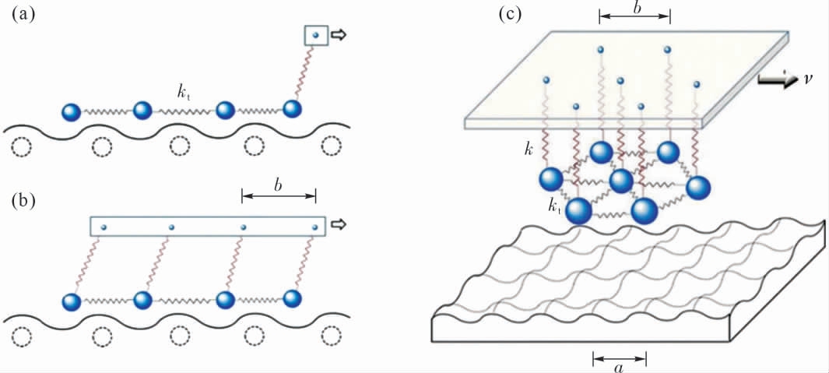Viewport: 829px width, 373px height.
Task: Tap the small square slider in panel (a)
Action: [x=315, y=35]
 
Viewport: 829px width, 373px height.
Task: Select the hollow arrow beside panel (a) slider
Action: [x=340, y=35]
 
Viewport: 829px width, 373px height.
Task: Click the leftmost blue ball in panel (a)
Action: [x=71, y=112]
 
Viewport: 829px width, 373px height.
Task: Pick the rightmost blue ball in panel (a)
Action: [x=293, y=110]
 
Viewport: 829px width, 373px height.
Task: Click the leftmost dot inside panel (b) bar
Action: [x=104, y=227]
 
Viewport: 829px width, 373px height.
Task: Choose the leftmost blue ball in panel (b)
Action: [x=71, y=301]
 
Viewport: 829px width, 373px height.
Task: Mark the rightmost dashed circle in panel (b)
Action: [x=332, y=336]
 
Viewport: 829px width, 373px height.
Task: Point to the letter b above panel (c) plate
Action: [x=634, y=8]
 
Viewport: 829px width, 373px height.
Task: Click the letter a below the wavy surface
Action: [x=619, y=367]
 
